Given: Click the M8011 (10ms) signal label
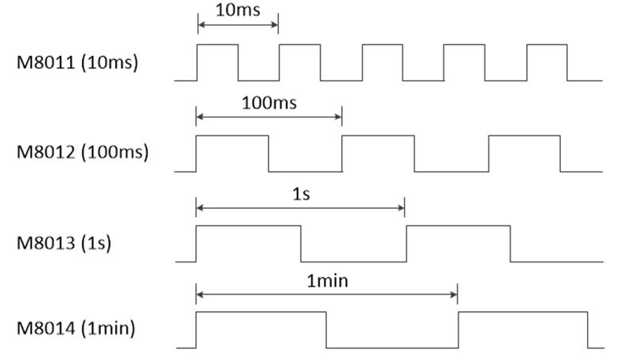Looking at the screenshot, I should coord(77,62).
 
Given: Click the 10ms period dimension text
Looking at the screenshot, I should coord(237,12).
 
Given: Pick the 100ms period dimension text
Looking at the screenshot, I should coord(269,103).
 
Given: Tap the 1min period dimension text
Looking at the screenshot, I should coord(327,280).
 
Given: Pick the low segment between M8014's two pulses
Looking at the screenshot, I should coord(392,347).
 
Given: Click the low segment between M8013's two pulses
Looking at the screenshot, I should coord(353,261).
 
